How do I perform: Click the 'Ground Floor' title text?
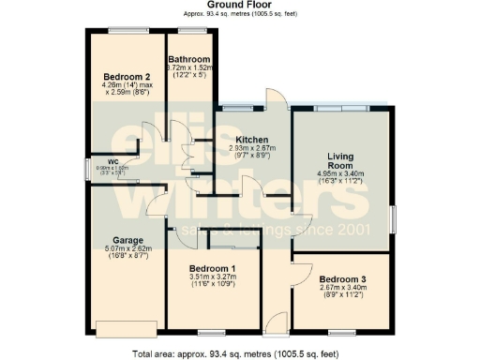point(239,5)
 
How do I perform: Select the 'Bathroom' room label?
point(191,58)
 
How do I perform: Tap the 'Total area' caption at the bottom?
point(239,353)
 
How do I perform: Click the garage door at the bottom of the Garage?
point(119,328)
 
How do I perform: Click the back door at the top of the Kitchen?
point(275,99)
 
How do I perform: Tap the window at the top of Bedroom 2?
point(123,31)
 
